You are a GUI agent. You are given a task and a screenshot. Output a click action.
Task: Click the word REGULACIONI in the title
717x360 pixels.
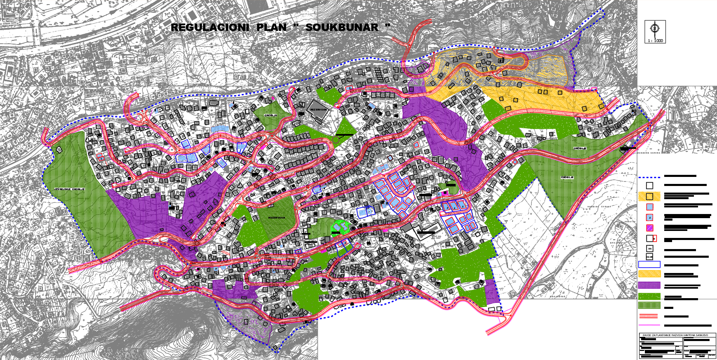coord(210,28)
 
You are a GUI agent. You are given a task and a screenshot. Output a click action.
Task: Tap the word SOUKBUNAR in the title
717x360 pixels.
coord(342,28)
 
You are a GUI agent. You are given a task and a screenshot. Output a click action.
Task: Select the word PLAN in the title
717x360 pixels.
coord(271,28)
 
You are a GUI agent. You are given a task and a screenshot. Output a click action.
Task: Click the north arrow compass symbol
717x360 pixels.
coord(655,28)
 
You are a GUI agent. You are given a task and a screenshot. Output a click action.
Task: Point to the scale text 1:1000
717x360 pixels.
coord(655,41)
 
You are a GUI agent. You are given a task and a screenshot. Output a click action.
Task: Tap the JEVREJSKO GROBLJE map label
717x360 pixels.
coord(69,189)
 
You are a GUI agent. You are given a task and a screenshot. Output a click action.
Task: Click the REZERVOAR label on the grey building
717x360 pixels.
coord(318,110)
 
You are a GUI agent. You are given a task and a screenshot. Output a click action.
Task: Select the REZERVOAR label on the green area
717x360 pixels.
coord(276,218)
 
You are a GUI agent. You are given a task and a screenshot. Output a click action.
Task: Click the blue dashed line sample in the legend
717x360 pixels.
coord(649,177)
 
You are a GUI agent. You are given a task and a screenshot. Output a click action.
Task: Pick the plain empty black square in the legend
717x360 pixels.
coord(649,186)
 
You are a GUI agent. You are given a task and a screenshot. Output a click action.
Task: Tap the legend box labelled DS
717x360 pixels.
coord(650,249)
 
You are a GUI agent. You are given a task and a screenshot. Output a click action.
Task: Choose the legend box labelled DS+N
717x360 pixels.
coord(649,256)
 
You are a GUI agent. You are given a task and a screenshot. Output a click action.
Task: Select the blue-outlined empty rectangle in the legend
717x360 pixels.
coord(649,265)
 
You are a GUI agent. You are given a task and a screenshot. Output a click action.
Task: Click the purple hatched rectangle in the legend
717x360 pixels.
coord(649,285)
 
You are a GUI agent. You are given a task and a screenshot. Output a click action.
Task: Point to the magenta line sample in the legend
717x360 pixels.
coord(649,325)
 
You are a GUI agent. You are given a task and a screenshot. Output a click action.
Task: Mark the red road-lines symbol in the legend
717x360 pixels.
coord(649,316)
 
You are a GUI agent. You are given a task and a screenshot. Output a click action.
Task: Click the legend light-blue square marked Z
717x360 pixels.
coord(650,217)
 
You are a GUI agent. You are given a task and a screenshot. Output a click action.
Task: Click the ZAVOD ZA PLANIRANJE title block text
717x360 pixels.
coord(678,335)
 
